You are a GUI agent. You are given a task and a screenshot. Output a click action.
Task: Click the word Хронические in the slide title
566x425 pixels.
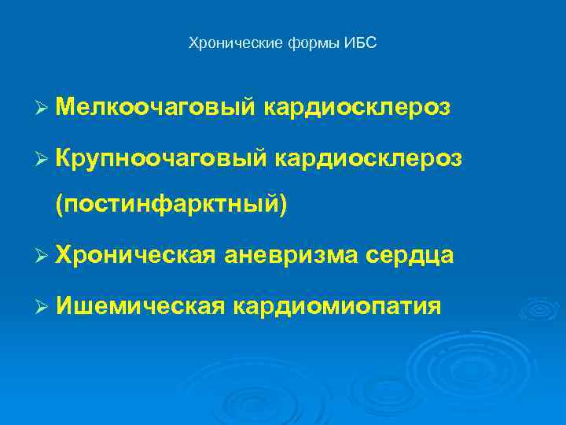point(224,43)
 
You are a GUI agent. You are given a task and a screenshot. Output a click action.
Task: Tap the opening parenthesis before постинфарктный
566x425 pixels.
point(59,204)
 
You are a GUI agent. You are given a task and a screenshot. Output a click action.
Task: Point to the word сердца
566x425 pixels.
point(415,254)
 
